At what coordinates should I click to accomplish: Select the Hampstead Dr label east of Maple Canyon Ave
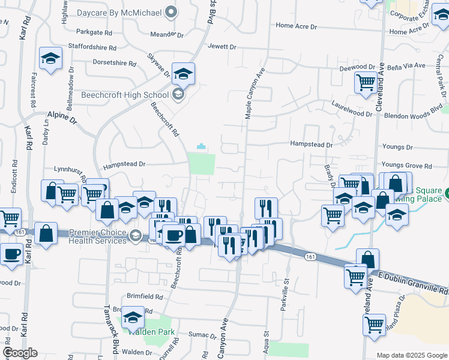point(311,145)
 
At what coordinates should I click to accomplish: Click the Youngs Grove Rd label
point(406,166)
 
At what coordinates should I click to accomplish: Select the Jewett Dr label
point(222,46)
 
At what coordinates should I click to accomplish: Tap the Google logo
point(19,353)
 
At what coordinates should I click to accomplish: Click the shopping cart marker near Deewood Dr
point(366,82)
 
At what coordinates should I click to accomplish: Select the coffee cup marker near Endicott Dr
point(12,254)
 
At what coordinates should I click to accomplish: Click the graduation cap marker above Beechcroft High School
point(183,74)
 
